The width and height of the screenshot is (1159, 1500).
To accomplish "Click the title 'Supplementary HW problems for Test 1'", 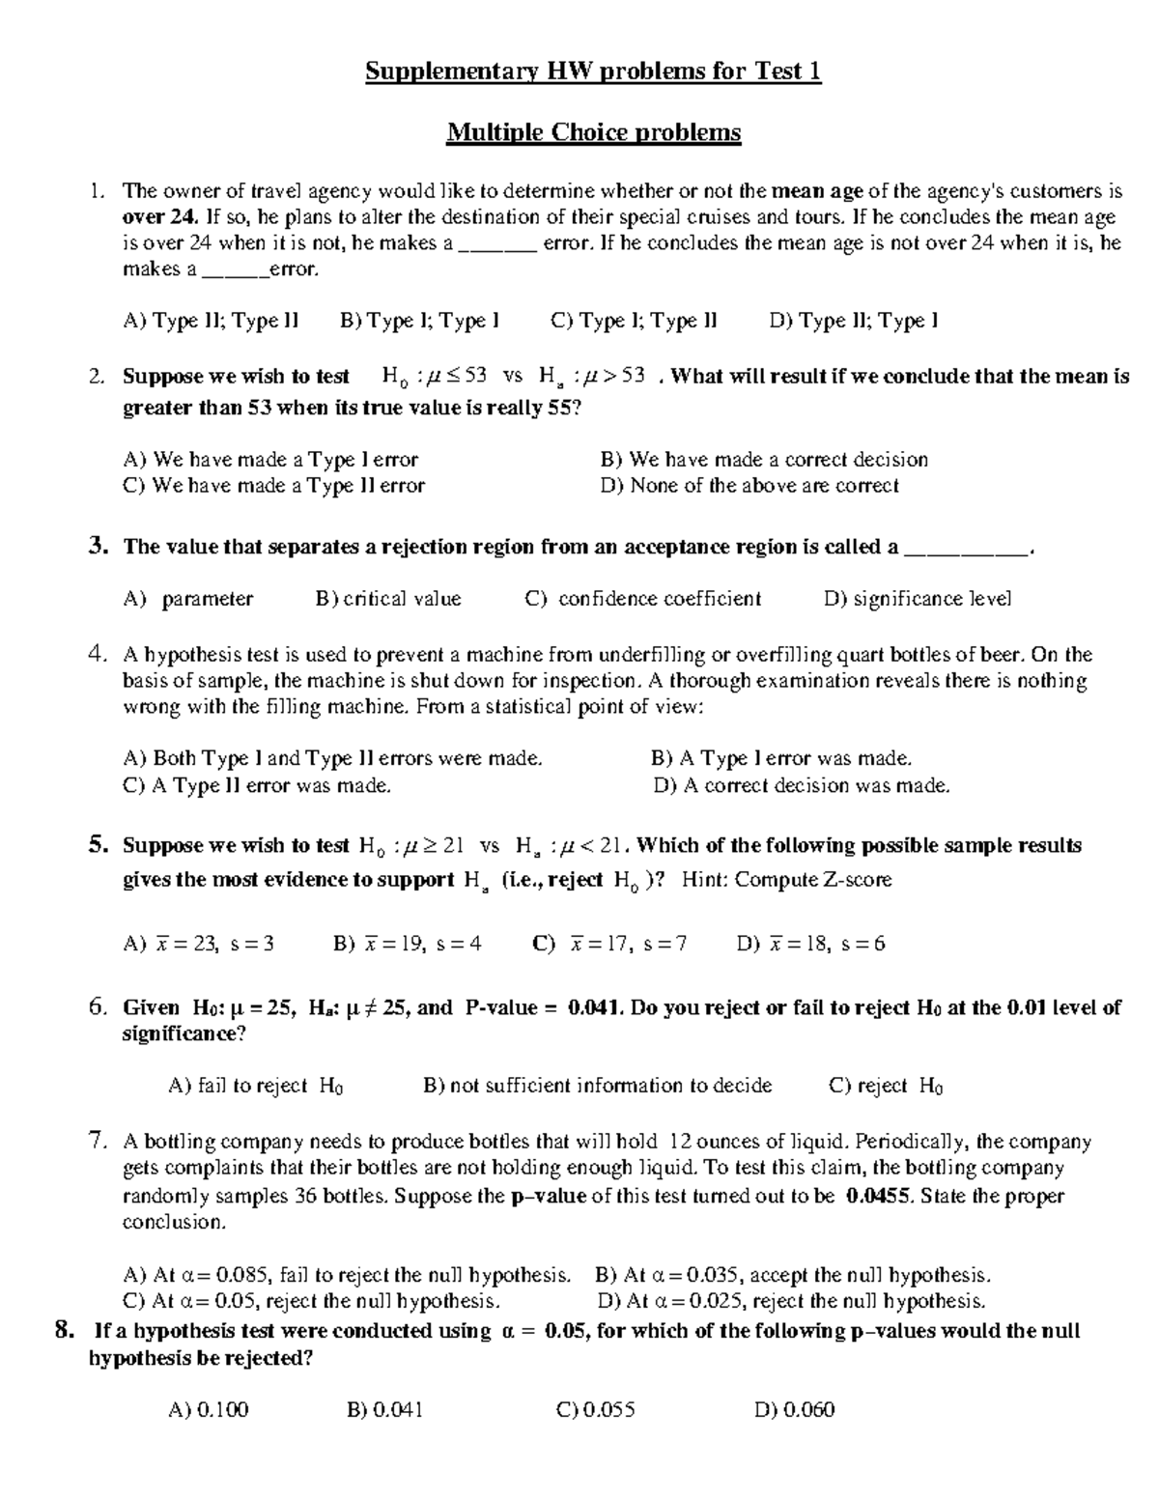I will [593, 72].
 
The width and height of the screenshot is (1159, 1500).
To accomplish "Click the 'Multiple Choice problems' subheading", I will [593, 132].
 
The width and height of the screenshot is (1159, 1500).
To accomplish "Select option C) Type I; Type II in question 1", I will [634, 321].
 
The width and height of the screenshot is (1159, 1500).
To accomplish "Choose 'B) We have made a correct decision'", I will [763, 460].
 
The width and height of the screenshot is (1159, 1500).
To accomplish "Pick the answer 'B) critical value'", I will [388, 599].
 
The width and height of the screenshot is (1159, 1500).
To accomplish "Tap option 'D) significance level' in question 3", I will [918, 599].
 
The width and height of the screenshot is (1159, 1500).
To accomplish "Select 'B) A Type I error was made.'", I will [781, 759].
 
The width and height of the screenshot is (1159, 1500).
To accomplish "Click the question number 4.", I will [96, 655].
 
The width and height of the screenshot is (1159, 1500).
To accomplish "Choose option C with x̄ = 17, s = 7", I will [609, 944].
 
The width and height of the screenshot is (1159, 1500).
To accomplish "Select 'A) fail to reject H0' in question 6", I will [256, 1087].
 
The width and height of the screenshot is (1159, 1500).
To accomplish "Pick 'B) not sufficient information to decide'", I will [598, 1087].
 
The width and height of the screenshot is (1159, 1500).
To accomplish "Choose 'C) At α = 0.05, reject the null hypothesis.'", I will [312, 1301].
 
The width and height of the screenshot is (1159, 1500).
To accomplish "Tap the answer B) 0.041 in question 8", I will [384, 1410].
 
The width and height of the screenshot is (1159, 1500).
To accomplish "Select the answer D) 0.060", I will [794, 1410].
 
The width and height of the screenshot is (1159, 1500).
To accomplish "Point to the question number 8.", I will [65, 1331].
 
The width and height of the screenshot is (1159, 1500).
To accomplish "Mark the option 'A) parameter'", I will [188, 599].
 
